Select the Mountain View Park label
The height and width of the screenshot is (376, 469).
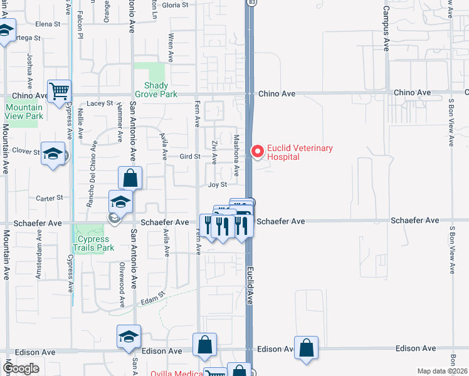click(24, 112)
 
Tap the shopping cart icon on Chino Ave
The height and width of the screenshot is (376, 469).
click(60, 91)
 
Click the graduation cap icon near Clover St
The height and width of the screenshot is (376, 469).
click(53, 152)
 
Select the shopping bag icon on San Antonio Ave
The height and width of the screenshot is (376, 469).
click(130, 177)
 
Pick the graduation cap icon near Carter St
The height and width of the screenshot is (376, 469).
click(120, 201)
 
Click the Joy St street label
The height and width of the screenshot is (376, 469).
click(217, 185)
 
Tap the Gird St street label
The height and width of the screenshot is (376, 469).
click(189, 156)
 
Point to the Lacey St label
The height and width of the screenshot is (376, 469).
click(100, 103)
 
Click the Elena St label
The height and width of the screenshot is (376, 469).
click(48, 24)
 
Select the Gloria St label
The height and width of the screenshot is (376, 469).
click(175, 5)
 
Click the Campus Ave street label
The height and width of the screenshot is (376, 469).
click(387, 30)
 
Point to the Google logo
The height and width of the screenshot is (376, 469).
click(21, 368)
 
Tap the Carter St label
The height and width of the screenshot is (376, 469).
click(50, 197)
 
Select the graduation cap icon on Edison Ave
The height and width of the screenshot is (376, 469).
click(128, 337)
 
